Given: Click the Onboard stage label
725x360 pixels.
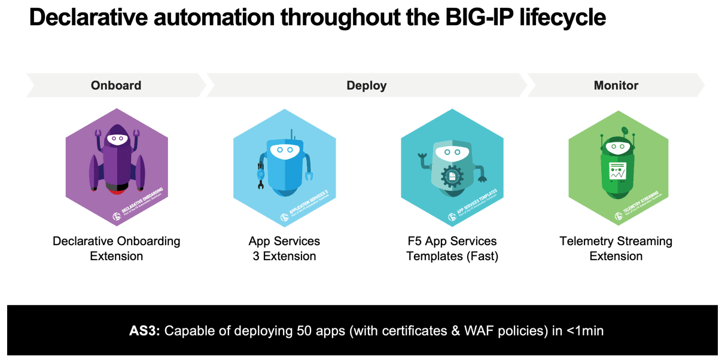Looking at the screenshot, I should (x=116, y=86).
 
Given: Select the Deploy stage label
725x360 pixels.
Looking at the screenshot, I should (x=366, y=86).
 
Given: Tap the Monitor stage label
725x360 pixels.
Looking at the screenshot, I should (x=616, y=86).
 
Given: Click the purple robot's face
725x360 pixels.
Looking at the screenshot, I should (x=117, y=138).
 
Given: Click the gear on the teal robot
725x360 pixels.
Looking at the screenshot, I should (x=452, y=177).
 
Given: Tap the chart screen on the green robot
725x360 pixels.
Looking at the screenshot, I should (x=617, y=171).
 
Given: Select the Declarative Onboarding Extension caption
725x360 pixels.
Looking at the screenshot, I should (x=116, y=249).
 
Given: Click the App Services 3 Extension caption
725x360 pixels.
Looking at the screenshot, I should (x=284, y=249).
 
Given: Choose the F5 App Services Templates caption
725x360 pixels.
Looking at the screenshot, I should (x=452, y=249).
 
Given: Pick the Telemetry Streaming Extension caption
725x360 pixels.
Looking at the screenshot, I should (x=616, y=249).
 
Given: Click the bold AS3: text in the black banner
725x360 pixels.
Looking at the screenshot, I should (x=145, y=331).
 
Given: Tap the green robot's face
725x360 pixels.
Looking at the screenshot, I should (x=617, y=146).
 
